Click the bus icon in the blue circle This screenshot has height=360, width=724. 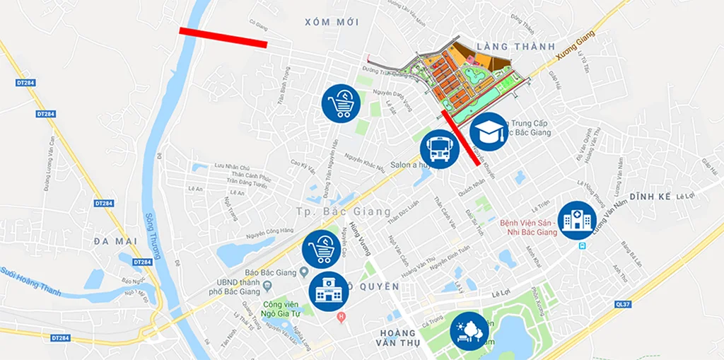coord(440,149)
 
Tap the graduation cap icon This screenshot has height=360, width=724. coord(489,132)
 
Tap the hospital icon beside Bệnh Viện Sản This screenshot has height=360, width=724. coord(576,221)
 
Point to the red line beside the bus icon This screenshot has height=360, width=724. coord(462,137)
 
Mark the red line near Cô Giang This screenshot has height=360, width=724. coord(223,37)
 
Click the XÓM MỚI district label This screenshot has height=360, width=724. coord(332,23)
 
